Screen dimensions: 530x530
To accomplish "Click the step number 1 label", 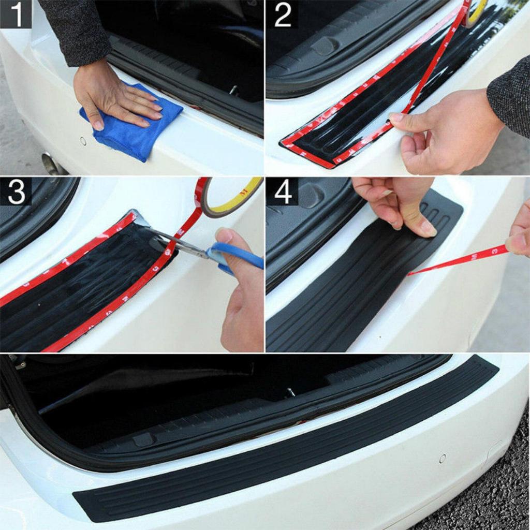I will [16, 14].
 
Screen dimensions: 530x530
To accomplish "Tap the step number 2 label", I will [283, 14].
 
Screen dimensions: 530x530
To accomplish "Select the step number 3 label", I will [16, 192].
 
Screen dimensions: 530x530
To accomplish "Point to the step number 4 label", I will [283, 192].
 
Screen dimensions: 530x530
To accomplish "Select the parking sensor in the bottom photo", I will [443, 458].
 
